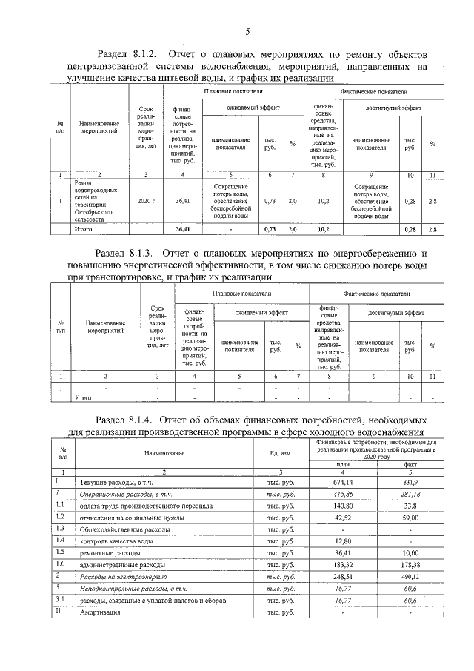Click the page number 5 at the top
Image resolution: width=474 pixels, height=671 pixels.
coord(247,30)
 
